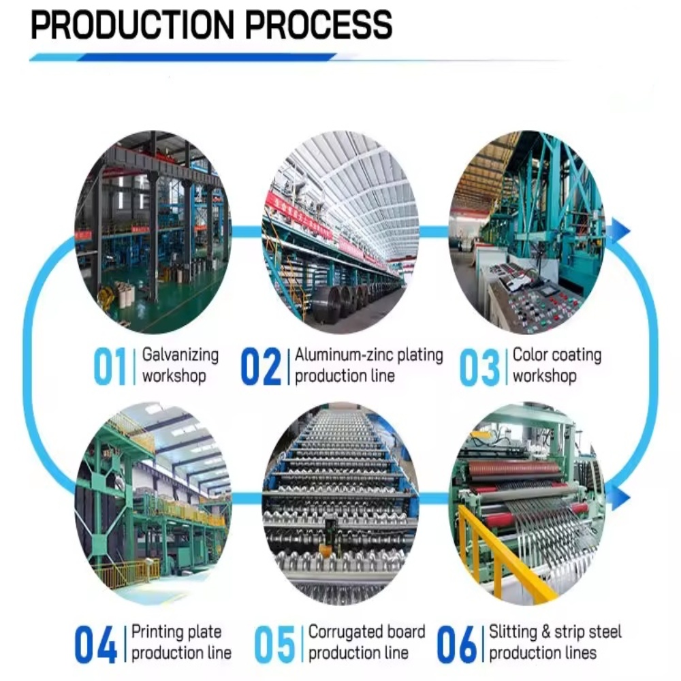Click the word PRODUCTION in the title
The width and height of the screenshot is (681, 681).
click(x=133, y=25)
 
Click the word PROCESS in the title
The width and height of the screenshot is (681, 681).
click(x=319, y=25)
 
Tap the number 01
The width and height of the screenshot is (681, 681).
click(x=110, y=366)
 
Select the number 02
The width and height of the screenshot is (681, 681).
click(x=261, y=366)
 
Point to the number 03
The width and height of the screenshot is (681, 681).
click(x=479, y=368)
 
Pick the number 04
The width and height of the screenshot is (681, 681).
click(x=95, y=644)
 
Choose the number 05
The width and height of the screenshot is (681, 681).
click(x=274, y=644)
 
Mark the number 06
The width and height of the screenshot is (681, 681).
click(x=457, y=644)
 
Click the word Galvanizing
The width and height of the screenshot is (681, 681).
click(x=180, y=355)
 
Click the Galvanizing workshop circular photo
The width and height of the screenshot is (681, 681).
click(x=153, y=232)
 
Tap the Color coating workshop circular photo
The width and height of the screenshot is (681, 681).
click(x=527, y=232)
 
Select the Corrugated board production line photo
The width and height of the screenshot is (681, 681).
click(x=340, y=504)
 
